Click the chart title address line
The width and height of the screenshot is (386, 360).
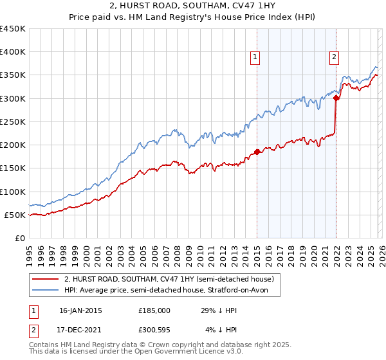192,6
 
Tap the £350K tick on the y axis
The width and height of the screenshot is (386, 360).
13,75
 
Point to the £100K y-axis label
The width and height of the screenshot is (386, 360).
13,192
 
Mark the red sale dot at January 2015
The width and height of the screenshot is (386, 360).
257,152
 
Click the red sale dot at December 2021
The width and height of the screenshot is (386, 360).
336,98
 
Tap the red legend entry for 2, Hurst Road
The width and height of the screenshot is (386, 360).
169,278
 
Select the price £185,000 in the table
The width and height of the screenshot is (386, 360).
154,310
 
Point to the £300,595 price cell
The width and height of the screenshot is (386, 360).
154,331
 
